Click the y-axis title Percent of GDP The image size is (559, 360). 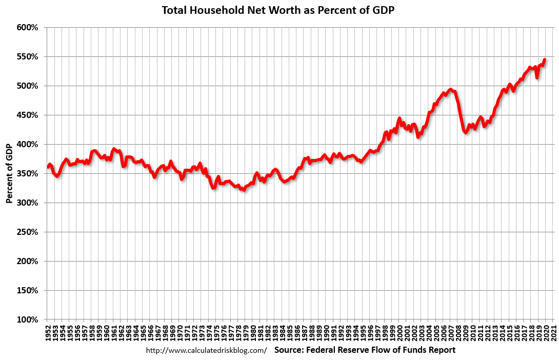pyautogui.click(x=9, y=173)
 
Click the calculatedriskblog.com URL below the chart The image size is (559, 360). pyautogui.click(x=206, y=351)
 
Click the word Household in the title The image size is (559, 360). pyautogui.click(x=208, y=10)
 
